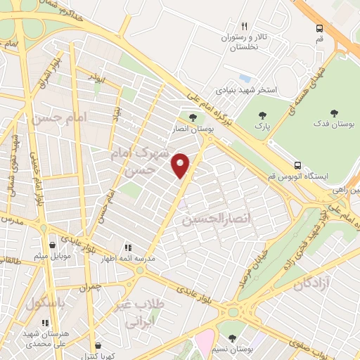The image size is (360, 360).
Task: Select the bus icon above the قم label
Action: [320, 28]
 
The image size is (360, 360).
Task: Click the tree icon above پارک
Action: [263, 115]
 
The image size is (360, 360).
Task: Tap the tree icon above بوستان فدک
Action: [335, 112]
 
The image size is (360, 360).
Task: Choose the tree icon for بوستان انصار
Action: [193, 117]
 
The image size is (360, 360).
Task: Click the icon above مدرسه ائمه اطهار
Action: [128, 247]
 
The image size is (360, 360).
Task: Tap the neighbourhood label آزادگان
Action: [312, 285]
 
